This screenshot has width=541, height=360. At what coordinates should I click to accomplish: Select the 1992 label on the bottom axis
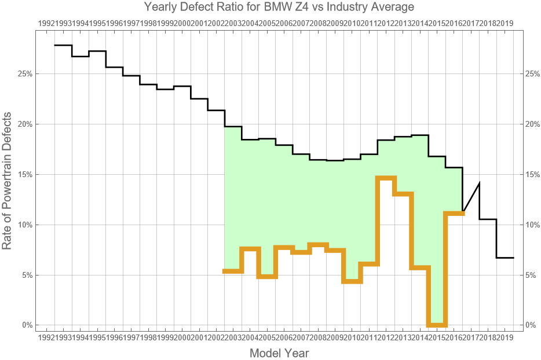click(46, 337)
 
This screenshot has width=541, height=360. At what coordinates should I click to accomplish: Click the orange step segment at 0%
click(437, 325)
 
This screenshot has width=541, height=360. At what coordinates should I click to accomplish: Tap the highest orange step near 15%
click(386, 178)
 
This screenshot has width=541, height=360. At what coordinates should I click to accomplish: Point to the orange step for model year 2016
click(454, 214)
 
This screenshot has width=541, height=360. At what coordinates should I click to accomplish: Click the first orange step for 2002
click(233, 271)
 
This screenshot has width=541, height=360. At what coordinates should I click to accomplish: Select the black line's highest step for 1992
click(63, 45)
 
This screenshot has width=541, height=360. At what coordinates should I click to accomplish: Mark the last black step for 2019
click(505, 258)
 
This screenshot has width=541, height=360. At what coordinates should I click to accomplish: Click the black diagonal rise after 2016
click(471, 197)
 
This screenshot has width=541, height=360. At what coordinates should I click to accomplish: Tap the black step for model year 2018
click(488, 219)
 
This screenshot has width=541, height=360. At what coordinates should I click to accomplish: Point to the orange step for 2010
click(352, 281)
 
